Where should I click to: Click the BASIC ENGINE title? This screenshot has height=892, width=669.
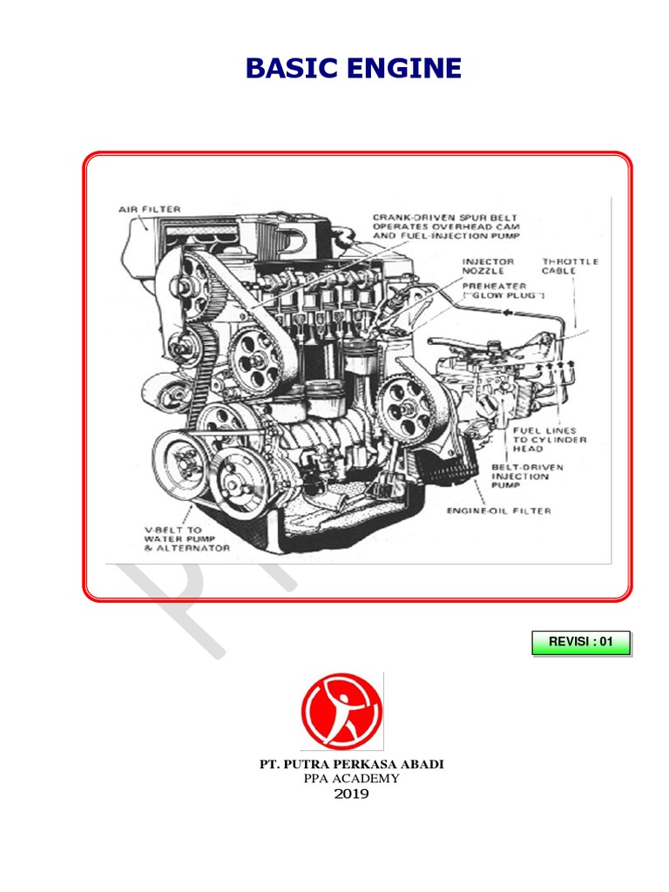[354, 68]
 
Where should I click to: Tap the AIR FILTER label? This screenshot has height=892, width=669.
[150, 209]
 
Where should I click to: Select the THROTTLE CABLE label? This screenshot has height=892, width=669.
[570, 267]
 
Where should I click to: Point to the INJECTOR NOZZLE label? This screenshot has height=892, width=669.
[488, 267]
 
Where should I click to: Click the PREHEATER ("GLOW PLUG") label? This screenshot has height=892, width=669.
[503, 291]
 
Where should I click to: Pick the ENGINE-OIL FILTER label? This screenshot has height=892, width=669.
[499, 510]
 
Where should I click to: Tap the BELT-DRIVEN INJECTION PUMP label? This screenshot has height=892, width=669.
[527, 476]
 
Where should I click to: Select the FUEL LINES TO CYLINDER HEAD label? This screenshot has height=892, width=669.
[550, 440]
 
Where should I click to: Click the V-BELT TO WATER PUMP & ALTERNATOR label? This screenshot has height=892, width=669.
[186, 538]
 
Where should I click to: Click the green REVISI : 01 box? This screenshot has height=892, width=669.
[581, 642]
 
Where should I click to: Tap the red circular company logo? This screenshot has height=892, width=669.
[341, 710]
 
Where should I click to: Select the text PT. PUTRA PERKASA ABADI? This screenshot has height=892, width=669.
[352, 764]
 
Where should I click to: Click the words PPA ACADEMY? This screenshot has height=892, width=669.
[352, 778]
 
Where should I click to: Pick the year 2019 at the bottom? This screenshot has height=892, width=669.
[352, 794]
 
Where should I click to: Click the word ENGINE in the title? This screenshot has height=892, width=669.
[404, 68]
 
